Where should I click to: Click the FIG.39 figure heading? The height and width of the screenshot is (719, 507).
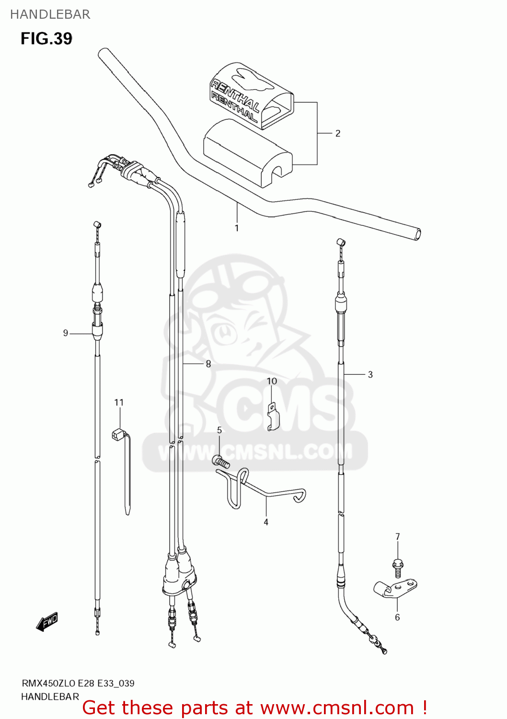(46, 38)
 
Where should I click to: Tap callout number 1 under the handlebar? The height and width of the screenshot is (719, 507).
(237, 228)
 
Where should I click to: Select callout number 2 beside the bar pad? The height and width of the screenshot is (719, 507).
(338, 133)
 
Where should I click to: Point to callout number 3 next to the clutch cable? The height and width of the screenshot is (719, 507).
(370, 374)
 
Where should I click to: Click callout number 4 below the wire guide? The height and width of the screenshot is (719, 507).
(266, 522)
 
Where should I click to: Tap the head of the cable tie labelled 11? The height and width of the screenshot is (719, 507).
(118, 435)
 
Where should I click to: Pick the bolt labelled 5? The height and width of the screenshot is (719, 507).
(221, 462)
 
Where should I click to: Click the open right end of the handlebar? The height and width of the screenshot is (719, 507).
(417, 234)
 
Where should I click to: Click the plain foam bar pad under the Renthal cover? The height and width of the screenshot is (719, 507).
(247, 153)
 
